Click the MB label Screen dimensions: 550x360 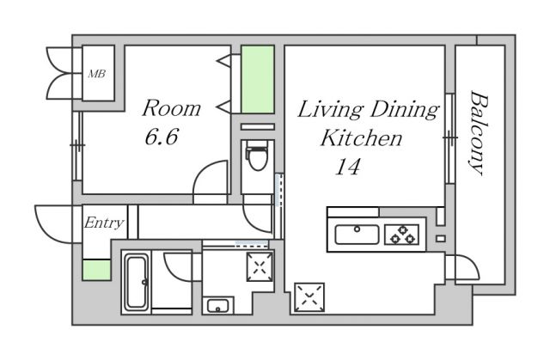tap(96, 74)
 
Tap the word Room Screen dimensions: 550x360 tap(172, 108)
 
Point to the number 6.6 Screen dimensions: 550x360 tap(162, 137)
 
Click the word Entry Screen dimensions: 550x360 tap(104, 223)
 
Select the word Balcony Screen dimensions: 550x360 tap(480, 133)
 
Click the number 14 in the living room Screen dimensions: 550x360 tap(347, 167)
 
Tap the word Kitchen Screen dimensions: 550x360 tap(361, 138)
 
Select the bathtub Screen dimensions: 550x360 tap(136, 282)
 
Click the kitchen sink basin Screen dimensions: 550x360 tap(357, 235)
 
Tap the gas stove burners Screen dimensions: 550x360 tap(402, 235)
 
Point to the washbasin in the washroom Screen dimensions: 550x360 tap(217, 307)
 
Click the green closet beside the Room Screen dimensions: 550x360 tap(258, 79)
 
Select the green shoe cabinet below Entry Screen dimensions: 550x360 tap(97, 270)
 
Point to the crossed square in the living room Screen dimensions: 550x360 tap(309, 297)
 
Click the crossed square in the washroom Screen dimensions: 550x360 tap(260, 266)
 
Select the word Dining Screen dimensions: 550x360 tap(405, 110)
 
